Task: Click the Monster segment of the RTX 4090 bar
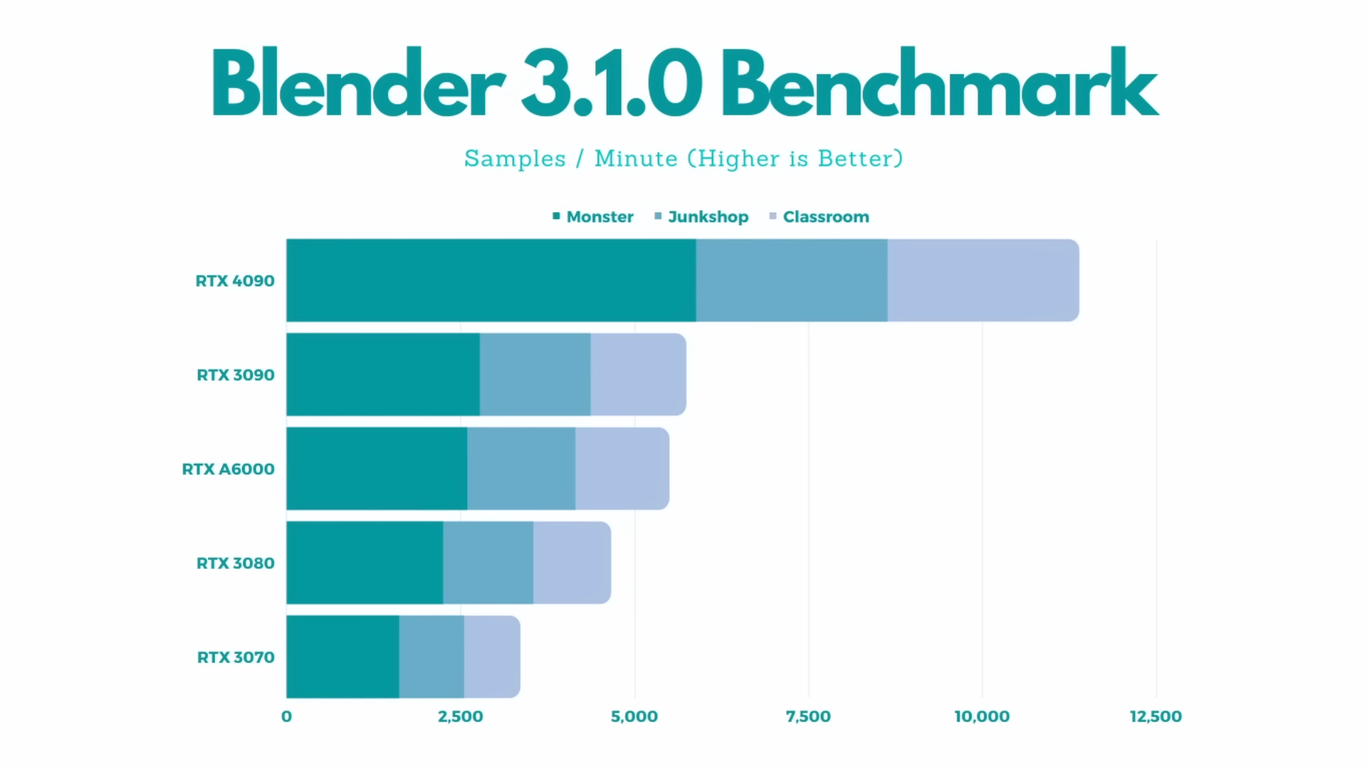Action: (x=491, y=281)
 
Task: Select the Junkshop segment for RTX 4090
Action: (x=792, y=281)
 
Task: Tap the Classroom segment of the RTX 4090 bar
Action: (x=983, y=281)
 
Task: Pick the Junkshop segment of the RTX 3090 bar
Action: (x=535, y=375)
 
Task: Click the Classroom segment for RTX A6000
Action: (x=622, y=469)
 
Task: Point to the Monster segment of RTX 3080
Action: (x=365, y=563)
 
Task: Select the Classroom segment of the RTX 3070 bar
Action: (x=491, y=656)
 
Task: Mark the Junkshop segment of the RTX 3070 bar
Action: (x=431, y=656)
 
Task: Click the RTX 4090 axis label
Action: (x=235, y=281)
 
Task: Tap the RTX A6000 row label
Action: (x=228, y=469)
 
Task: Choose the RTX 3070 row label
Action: (x=236, y=657)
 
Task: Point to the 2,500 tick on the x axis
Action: (x=460, y=716)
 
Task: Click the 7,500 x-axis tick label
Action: (x=808, y=716)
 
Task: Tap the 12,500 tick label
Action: (x=1156, y=716)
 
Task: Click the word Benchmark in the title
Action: (x=940, y=84)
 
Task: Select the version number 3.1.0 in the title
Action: (x=612, y=84)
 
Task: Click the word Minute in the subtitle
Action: (x=636, y=158)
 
